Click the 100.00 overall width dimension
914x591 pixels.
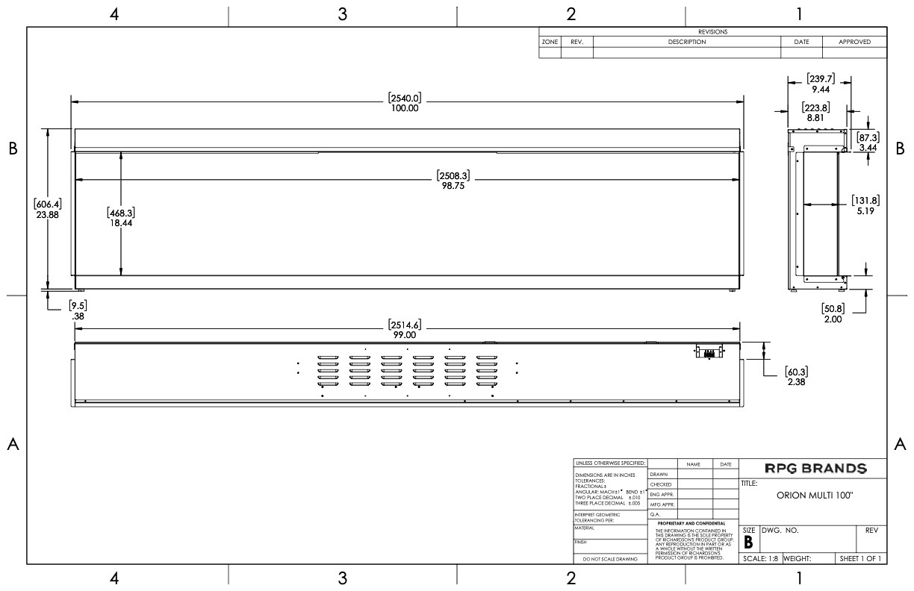pyautogui.click(x=404, y=107)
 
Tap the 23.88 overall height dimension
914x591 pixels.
pyautogui.click(x=46, y=214)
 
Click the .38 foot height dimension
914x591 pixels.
pyautogui.click(x=76, y=316)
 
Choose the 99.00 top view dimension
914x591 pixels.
pyautogui.click(x=404, y=335)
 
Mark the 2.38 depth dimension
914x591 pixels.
pyautogui.click(x=795, y=382)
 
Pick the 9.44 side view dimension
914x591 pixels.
pyautogui.click(x=820, y=89)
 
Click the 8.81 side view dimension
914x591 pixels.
pyautogui.click(x=815, y=117)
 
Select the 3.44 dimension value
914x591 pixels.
pyautogui.click(x=868, y=148)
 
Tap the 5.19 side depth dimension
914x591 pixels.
pyautogui.click(x=867, y=211)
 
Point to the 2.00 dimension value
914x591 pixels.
pyautogui.click(x=833, y=319)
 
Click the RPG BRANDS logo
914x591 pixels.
pyautogui.click(x=815, y=469)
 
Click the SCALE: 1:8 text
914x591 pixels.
pyautogui.click(x=760, y=558)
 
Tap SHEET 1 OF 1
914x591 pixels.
pyautogui.click(x=860, y=558)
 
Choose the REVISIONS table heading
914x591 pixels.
pyautogui.click(x=712, y=32)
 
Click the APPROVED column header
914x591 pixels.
pyautogui.click(x=854, y=43)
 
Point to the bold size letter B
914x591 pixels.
pyautogui.click(x=748, y=543)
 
